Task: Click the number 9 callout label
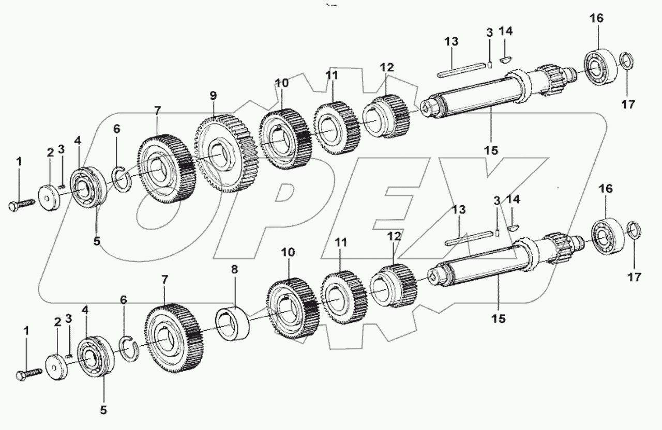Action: [x=213, y=96]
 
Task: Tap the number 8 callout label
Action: [x=234, y=269]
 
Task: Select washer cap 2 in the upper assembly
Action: [x=50, y=197]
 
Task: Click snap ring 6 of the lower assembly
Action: [x=126, y=347]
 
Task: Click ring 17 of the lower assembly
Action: [x=635, y=231]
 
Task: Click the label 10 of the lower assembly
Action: [x=288, y=253]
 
